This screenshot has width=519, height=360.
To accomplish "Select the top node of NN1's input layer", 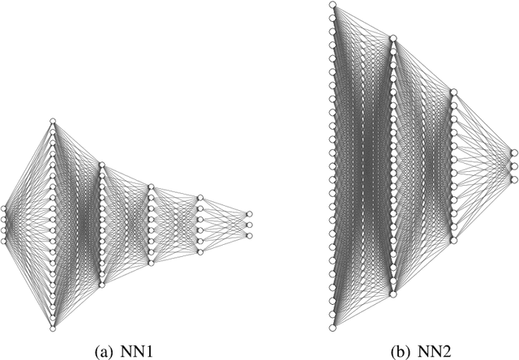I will (4, 208).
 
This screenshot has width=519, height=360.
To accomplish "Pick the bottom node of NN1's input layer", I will (4, 239).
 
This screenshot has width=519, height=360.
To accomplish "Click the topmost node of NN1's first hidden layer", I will (53, 121).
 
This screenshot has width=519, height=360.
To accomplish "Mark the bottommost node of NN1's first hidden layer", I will (53, 328).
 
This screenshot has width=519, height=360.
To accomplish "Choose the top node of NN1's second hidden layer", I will (101, 165).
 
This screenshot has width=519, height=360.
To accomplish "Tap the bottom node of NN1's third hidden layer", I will (150, 263).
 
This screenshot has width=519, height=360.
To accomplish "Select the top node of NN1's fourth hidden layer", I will (199, 197).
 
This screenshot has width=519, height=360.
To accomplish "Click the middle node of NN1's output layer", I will (248, 225).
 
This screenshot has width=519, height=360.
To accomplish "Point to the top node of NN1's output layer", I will (248, 213).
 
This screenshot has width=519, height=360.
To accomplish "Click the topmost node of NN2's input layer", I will (332, 5).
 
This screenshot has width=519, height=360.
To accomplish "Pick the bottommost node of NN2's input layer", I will (332, 327).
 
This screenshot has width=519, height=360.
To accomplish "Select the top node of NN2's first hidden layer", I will (392, 37).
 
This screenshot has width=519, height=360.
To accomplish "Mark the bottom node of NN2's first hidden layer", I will (392, 294).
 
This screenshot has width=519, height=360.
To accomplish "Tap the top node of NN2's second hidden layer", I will (453, 93).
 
